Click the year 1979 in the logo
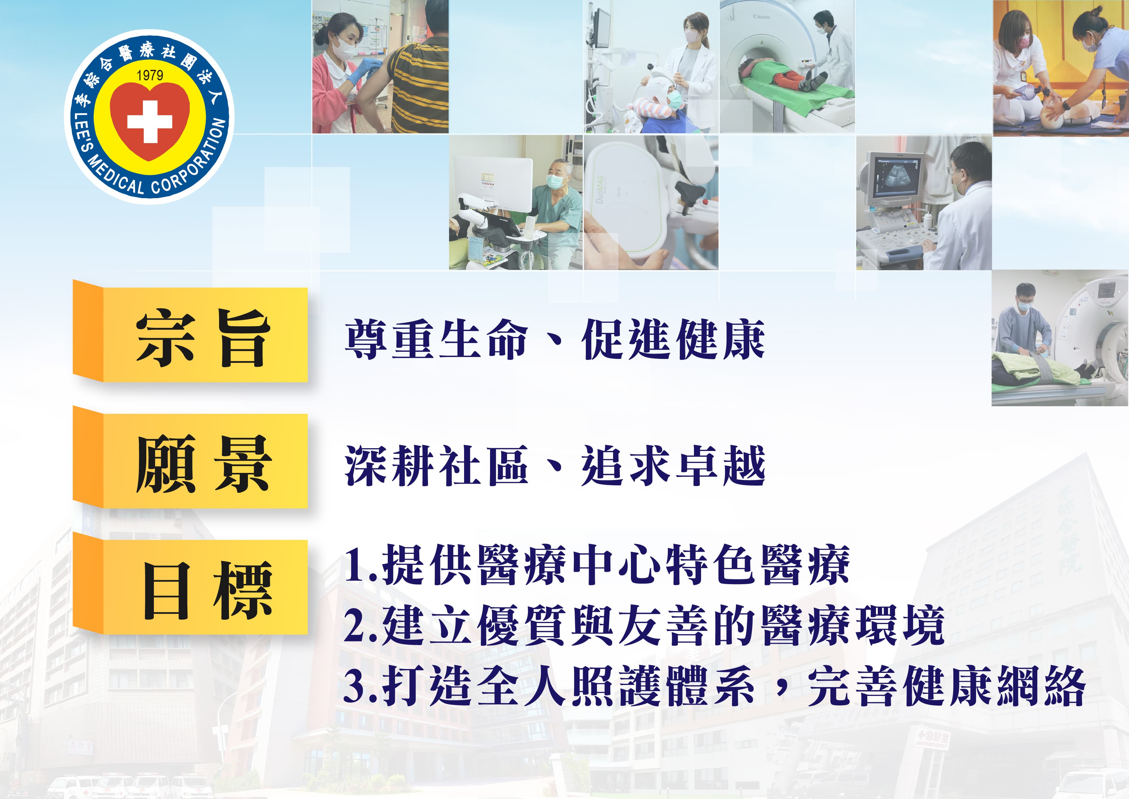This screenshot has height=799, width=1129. pos(150,75)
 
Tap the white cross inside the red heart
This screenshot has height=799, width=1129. pos(150,121)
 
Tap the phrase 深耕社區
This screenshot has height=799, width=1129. pos(436,465)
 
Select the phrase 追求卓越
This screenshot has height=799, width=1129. pos(673,465)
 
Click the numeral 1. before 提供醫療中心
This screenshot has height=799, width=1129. pos(361,565)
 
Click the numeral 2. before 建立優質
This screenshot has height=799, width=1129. pos(361,626)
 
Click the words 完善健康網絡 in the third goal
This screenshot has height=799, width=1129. pos(947,686)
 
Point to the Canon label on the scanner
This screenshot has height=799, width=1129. pos(761,17)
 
